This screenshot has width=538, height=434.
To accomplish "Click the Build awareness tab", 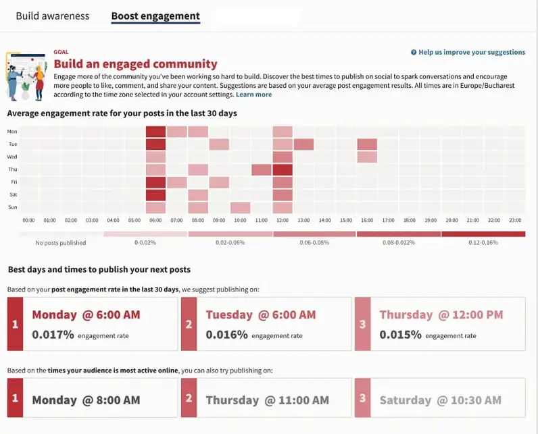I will coord(52,16).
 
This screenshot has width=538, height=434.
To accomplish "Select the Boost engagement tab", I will coord(155,16).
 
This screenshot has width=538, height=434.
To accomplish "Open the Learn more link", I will coord(253,95).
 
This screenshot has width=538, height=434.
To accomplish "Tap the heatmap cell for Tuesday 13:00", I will coord(303,144).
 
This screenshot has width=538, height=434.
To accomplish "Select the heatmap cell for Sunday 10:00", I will coord(240,207).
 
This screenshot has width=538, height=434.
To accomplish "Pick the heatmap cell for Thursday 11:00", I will coord(261,170).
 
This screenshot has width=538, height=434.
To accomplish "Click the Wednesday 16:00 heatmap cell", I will coord(367,157).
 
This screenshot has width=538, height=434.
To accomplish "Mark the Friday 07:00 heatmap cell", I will coord(176,182).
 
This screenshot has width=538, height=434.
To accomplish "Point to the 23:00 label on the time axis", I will coord(514,220).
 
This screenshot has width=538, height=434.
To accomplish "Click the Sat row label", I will coord(12,195).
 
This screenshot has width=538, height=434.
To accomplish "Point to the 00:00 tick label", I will coord(29,220).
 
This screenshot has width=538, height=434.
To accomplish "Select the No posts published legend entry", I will coord(61,242).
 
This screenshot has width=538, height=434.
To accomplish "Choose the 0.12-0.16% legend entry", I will coord(483,242).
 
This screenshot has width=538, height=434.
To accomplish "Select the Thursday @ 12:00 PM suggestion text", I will coord(441,315).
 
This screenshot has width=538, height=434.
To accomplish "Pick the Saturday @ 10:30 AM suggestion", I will coord(440,400).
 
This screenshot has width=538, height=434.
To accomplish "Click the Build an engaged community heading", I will coord(135,64).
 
